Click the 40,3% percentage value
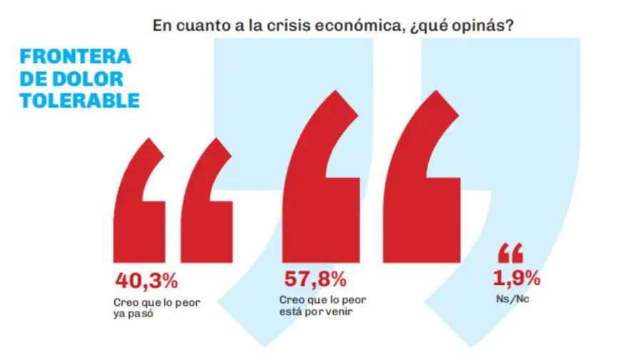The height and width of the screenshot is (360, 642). click(146, 281)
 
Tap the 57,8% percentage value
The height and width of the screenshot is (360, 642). click(315, 279)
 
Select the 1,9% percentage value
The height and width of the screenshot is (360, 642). click(516, 278)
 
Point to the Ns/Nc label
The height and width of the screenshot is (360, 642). click(512, 299)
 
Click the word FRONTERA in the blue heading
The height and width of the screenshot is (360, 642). click(76, 56)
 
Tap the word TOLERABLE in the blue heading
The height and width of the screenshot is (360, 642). click(80, 101)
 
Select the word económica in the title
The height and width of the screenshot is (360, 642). click(361, 26)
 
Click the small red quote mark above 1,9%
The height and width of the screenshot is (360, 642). click(511, 253)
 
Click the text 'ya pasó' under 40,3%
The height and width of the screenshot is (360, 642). click(133, 314)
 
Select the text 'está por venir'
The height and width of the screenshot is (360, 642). click(316, 312)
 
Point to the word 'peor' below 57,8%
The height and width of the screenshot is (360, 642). click(354, 301)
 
